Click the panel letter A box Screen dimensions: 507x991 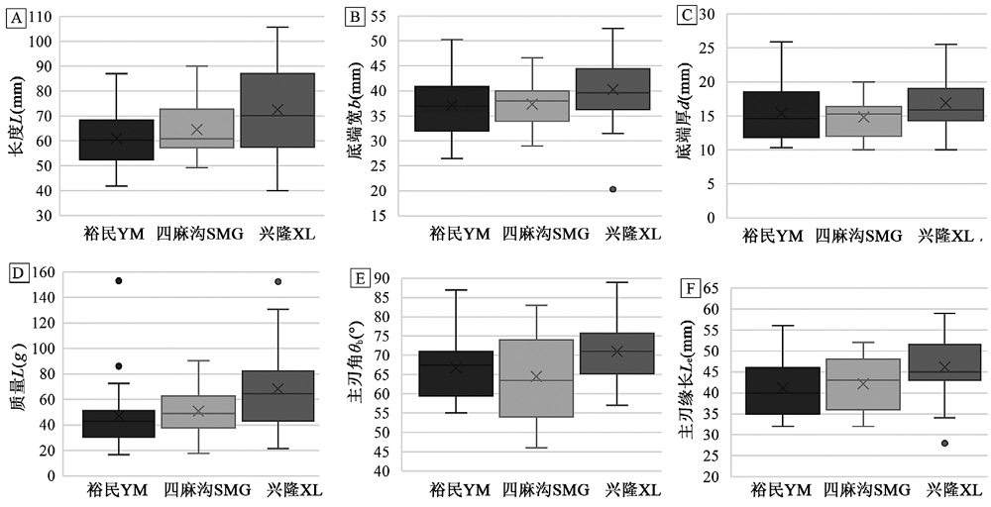pyautogui.click(x=14, y=17)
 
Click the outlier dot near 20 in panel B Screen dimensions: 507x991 pyautogui.click(x=612, y=189)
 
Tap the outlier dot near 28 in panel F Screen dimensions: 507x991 pyautogui.click(x=944, y=443)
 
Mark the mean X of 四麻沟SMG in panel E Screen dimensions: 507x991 pyautogui.click(x=537, y=376)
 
